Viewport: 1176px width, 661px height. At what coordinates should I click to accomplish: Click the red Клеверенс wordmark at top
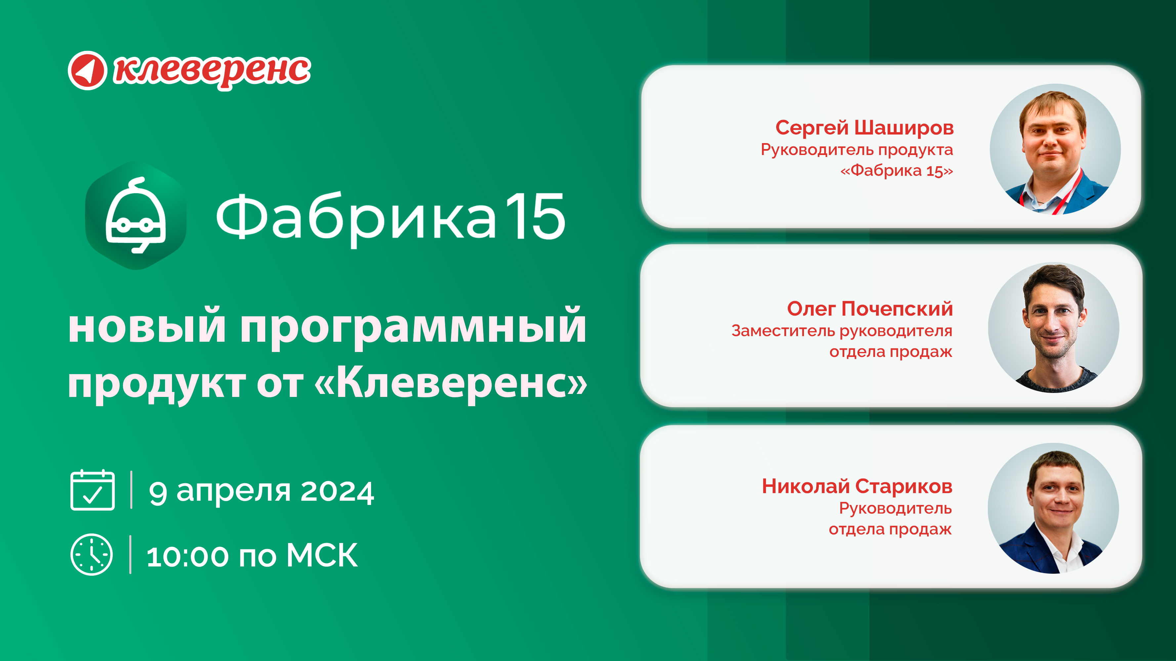click(x=212, y=71)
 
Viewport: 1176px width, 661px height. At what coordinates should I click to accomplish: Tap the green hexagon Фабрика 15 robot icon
click(x=136, y=215)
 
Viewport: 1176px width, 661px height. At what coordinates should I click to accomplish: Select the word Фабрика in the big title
click(x=356, y=219)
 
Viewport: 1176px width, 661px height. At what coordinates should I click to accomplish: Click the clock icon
click(x=92, y=554)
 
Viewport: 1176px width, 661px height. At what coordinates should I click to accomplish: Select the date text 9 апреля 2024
click(x=262, y=492)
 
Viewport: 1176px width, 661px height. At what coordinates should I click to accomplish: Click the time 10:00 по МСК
click(x=252, y=556)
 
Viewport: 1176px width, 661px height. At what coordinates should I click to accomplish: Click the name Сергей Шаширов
click(x=865, y=128)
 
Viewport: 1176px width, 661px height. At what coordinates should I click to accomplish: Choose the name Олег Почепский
click(x=870, y=309)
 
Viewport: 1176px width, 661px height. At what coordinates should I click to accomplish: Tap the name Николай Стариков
click(x=857, y=486)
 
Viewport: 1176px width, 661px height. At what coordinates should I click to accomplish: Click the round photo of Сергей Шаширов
click(x=1055, y=149)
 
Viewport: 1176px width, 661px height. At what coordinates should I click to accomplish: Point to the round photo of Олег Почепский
click(x=1054, y=328)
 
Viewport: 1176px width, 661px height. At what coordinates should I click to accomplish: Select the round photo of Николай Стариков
click(x=1053, y=508)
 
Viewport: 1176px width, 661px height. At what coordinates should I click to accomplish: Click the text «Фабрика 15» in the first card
click(x=897, y=171)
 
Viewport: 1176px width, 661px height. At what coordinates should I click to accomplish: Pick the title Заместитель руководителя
click(x=842, y=331)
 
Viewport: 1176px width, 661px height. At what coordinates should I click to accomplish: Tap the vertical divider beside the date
click(x=132, y=489)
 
